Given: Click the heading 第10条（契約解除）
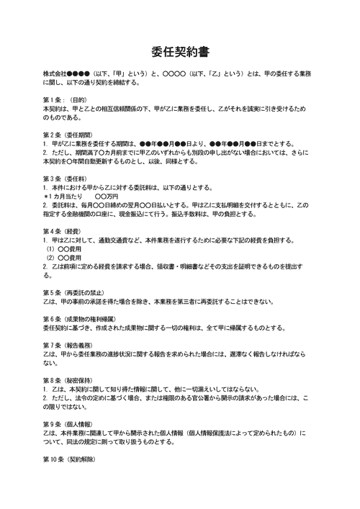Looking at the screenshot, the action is tap(71, 459).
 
